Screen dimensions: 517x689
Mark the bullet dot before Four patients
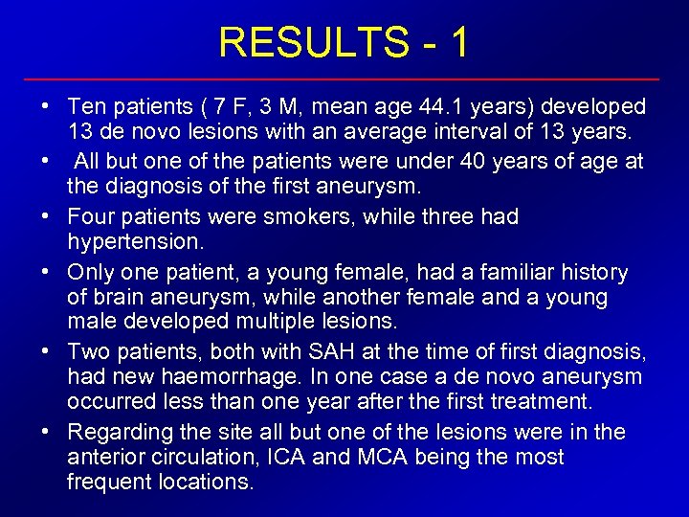pyautogui.click(x=45, y=216)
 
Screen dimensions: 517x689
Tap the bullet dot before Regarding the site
pyautogui.click(x=45, y=433)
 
